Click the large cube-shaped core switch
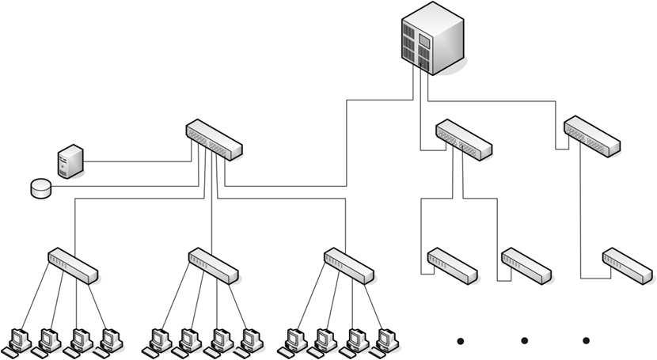pos(432,38)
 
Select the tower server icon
pos(70,161)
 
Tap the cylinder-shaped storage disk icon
pos(40,188)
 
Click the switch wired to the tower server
pos(214,140)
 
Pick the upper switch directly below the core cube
pos(464,140)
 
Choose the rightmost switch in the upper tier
pos(592,135)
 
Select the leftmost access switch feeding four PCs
pos(73,266)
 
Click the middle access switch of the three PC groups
pos(213,266)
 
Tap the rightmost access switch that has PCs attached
pos(349,266)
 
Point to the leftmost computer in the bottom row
pos(17,340)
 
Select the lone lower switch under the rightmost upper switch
pos(627,266)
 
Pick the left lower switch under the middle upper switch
pos(453,266)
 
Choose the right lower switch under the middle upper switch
pos(526,266)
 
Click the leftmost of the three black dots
pos(459,341)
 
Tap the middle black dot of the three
pos(524,341)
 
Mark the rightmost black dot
pos(586,341)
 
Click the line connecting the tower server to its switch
pos(135,161)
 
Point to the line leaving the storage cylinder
pos(119,188)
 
